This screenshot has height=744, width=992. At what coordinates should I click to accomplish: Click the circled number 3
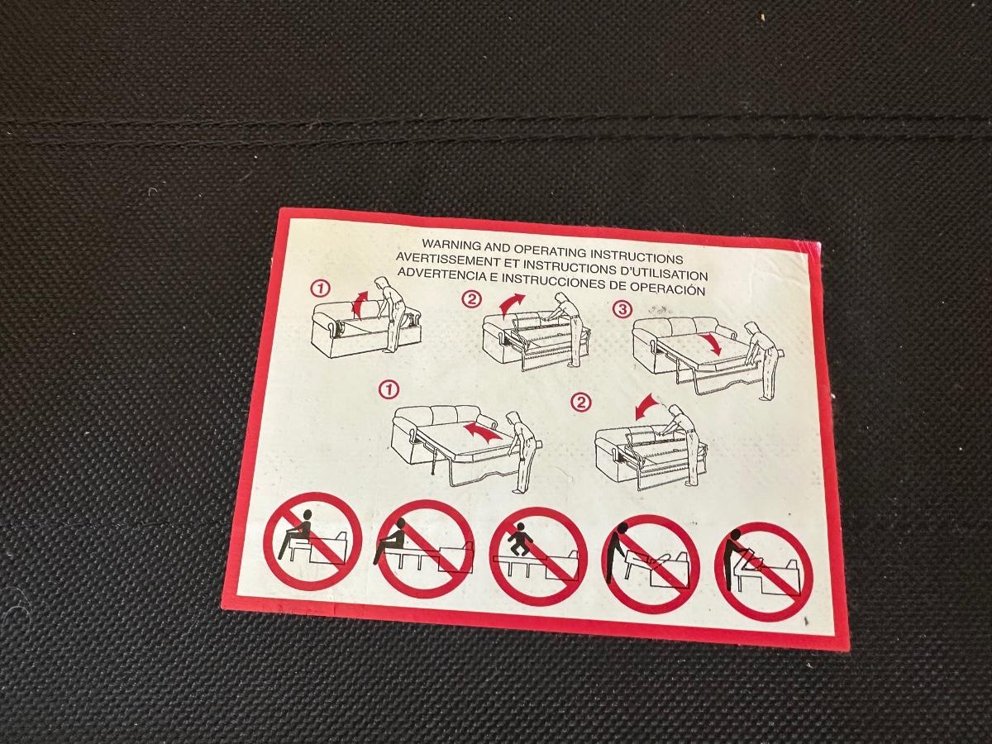coord(622,310)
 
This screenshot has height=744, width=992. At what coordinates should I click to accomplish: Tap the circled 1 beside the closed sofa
coord(321,289)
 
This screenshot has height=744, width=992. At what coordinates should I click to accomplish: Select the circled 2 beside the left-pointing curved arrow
coord(581,402)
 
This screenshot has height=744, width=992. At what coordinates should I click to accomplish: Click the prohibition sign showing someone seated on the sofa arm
coord(312,541)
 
